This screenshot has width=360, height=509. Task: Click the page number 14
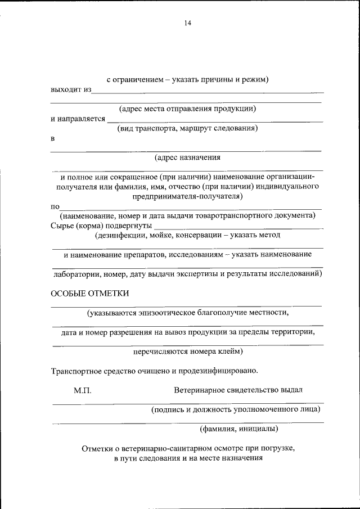pyautogui.click(x=187, y=23)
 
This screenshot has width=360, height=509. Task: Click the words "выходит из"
pyautogui.click(x=70, y=89)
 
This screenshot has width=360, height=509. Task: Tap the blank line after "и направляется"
pyautogui.click(x=215, y=120)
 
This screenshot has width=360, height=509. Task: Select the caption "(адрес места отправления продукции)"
pyautogui.click(x=187, y=109)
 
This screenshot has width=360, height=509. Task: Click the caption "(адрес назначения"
pyautogui.click(x=187, y=157)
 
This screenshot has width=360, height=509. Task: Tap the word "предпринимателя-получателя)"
pyautogui.click(x=187, y=196)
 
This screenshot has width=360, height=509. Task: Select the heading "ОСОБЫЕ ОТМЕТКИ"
pyautogui.click(x=90, y=293)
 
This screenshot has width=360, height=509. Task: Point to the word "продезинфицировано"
pyautogui.click(x=219, y=371)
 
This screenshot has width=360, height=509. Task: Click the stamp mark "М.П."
pyautogui.click(x=82, y=390)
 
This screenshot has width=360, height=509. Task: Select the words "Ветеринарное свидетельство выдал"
pyautogui.click(x=238, y=390)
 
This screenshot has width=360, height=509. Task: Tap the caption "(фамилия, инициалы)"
pyautogui.click(x=239, y=429)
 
